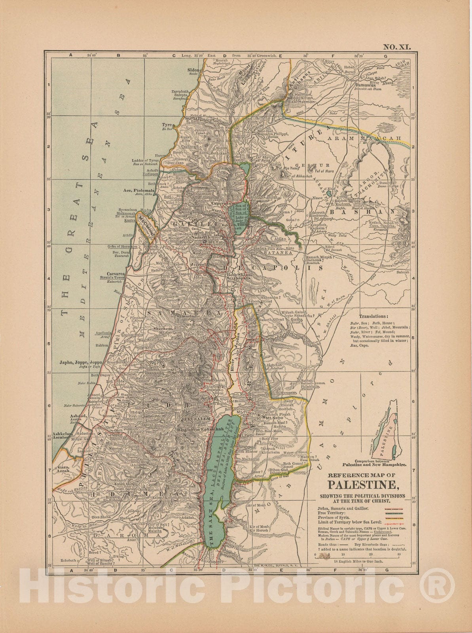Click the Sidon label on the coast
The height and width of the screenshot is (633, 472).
click(x=194, y=70)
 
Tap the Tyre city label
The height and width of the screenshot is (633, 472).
click(x=166, y=125)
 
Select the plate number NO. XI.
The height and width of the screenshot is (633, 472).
click(x=396, y=47)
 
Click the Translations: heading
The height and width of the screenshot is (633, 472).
click(x=373, y=316)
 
